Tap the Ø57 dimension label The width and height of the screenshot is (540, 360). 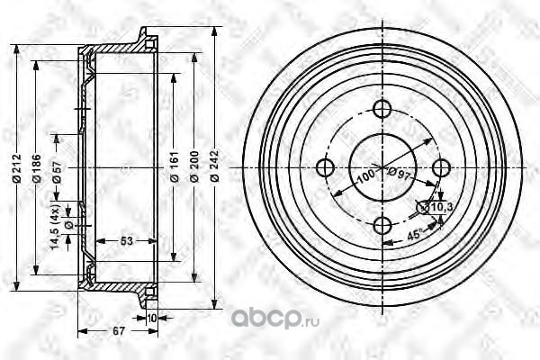click(56, 175)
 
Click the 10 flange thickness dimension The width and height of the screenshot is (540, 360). click(151, 318)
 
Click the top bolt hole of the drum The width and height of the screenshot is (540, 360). click(382, 110)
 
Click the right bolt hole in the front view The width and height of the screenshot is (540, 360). click(440, 167)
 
